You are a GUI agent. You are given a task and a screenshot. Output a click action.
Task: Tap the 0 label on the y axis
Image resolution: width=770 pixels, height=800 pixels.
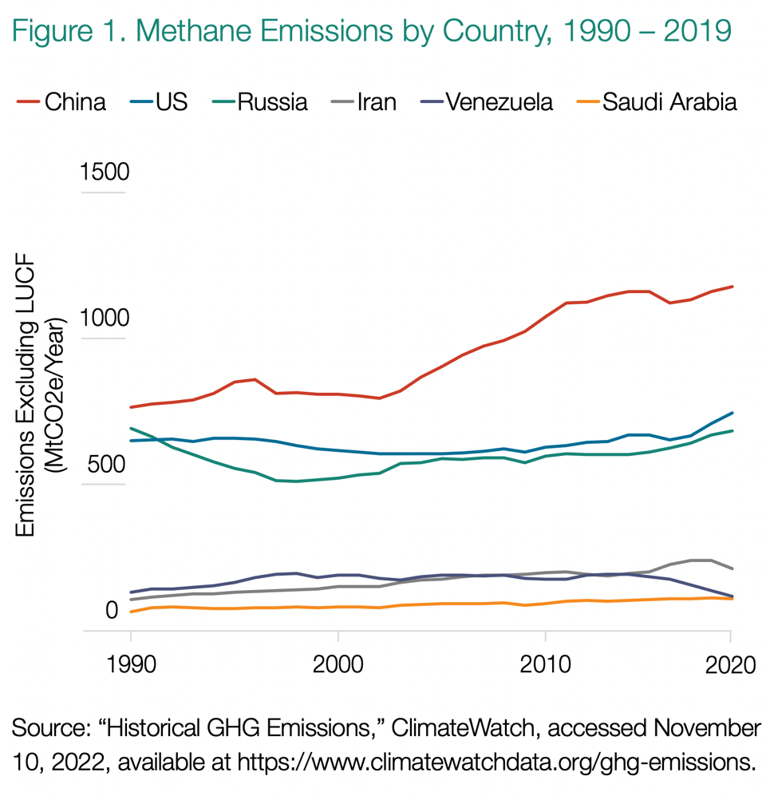113,611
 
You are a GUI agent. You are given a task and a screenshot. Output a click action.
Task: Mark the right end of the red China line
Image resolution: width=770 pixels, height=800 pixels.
732,286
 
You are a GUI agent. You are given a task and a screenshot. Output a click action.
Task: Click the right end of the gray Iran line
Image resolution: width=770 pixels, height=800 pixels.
732,568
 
